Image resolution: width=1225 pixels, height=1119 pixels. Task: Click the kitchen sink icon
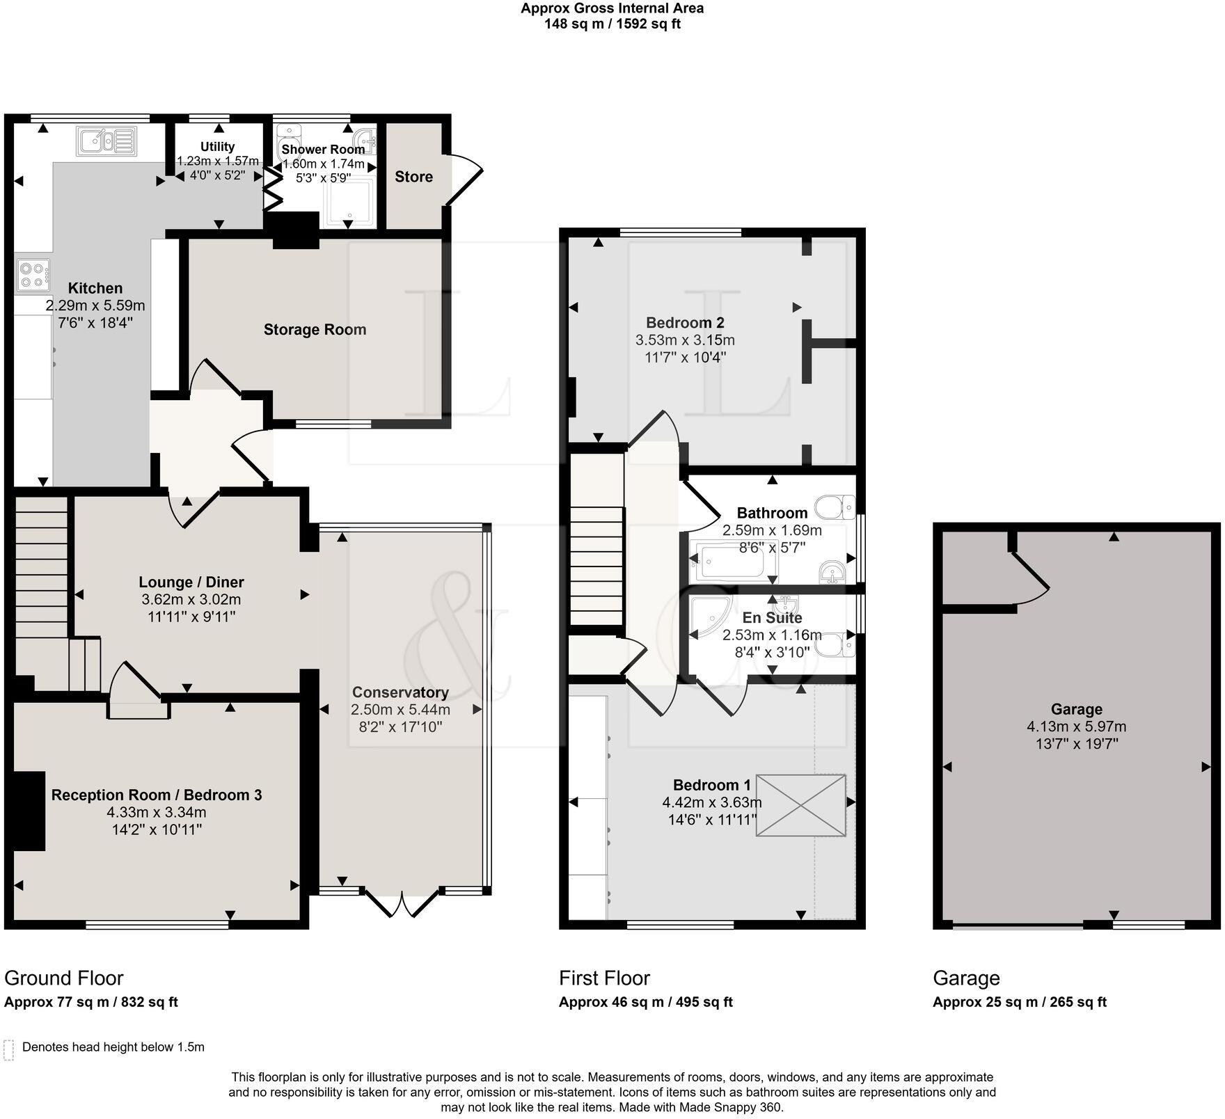pyautogui.click(x=106, y=141)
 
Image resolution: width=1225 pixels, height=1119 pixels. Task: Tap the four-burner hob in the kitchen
pyautogui.click(x=33, y=273)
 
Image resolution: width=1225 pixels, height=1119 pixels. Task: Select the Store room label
pyautogui.click(x=413, y=177)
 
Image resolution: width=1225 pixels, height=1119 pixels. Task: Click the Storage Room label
pyautogui.click(x=315, y=330)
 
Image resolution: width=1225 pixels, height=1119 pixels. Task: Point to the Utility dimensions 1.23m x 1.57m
pyautogui.click(x=217, y=161)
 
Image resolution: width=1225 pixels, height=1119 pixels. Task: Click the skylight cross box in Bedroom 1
pyautogui.click(x=801, y=804)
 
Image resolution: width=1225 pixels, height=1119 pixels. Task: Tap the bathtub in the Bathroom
pyautogui.click(x=733, y=563)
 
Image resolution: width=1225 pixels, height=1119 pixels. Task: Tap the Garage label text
pyautogui.click(x=1076, y=709)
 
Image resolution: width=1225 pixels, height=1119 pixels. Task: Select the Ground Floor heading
pyautogui.click(x=64, y=978)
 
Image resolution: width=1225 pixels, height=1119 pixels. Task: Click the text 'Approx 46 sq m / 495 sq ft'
pyautogui.click(x=645, y=1002)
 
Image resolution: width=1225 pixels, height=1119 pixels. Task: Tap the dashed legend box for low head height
pyautogui.click(x=8, y=1049)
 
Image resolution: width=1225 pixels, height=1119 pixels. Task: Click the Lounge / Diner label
pyautogui.click(x=191, y=582)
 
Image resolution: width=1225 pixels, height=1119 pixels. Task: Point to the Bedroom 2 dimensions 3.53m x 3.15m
pyautogui.click(x=685, y=340)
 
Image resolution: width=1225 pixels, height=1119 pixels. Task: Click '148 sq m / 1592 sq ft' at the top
pyautogui.click(x=612, y=24)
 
